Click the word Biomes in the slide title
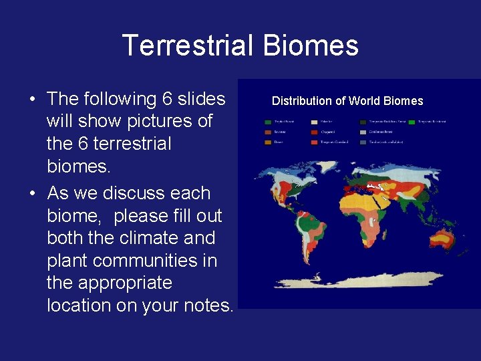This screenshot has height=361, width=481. (x=311, y=46)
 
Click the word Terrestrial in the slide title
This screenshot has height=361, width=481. (x=189, y=46)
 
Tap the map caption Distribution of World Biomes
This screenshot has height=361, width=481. (x=347, y=101)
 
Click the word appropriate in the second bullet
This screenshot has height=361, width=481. (x=110, y=283)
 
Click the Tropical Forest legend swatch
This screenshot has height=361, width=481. (x=268, y=122)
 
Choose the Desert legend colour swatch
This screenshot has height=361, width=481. (x=268, y=142)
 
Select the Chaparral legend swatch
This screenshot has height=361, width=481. (x=314, y=132)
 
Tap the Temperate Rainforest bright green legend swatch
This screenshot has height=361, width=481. (x=412, y=122)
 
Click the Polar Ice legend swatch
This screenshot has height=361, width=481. (x=314, y=122)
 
